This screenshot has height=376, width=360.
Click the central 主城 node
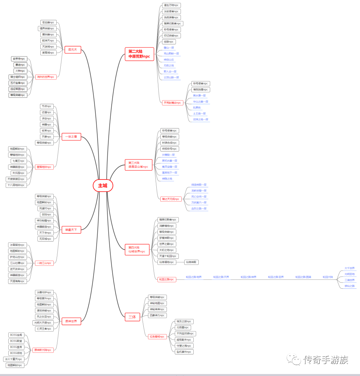[103, 185]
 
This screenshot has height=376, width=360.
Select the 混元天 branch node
[72, 50]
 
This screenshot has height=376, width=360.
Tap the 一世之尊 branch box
[71, 136]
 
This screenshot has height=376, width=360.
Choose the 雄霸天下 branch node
[71, 230]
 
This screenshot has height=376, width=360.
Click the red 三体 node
[132, 317]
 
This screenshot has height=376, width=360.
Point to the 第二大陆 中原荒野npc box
[139, 54]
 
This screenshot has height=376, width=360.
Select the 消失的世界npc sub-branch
[45, 77]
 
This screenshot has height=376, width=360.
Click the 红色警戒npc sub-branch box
[157, 337]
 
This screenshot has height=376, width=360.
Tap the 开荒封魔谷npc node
[172, 103]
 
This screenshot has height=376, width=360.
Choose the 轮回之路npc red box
[166, 279]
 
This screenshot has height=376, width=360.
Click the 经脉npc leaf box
[169, 42]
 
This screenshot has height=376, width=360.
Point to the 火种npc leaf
[20, 71]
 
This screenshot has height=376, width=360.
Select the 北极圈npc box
[183, 328]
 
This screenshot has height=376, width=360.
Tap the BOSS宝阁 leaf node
[16, 335]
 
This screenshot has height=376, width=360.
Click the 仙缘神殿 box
[192, 262]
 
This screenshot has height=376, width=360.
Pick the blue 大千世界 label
[349, 268]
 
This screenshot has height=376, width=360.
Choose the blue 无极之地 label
[169, 65]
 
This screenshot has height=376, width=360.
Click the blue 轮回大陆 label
[328, 277]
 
